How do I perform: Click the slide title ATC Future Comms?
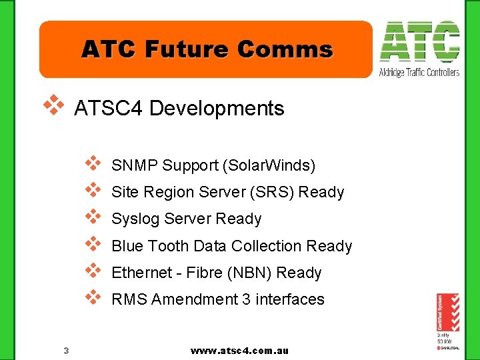(207, 49)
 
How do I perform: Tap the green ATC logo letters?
(419, 42)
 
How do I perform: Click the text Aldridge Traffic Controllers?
(419, 72)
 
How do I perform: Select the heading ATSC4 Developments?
(179, 108)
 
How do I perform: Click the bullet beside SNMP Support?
(93, 163)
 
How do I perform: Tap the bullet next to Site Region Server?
(93, 190)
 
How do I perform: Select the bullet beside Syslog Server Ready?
(93, 217)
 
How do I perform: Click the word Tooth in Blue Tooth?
(168, 246)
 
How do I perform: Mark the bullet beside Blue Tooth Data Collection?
(93, 243)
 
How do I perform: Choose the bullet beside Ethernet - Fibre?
(93, 270)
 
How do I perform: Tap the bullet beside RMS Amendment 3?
(93, 297)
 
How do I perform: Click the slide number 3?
(66, 351)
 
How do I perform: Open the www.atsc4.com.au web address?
(239, 351)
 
